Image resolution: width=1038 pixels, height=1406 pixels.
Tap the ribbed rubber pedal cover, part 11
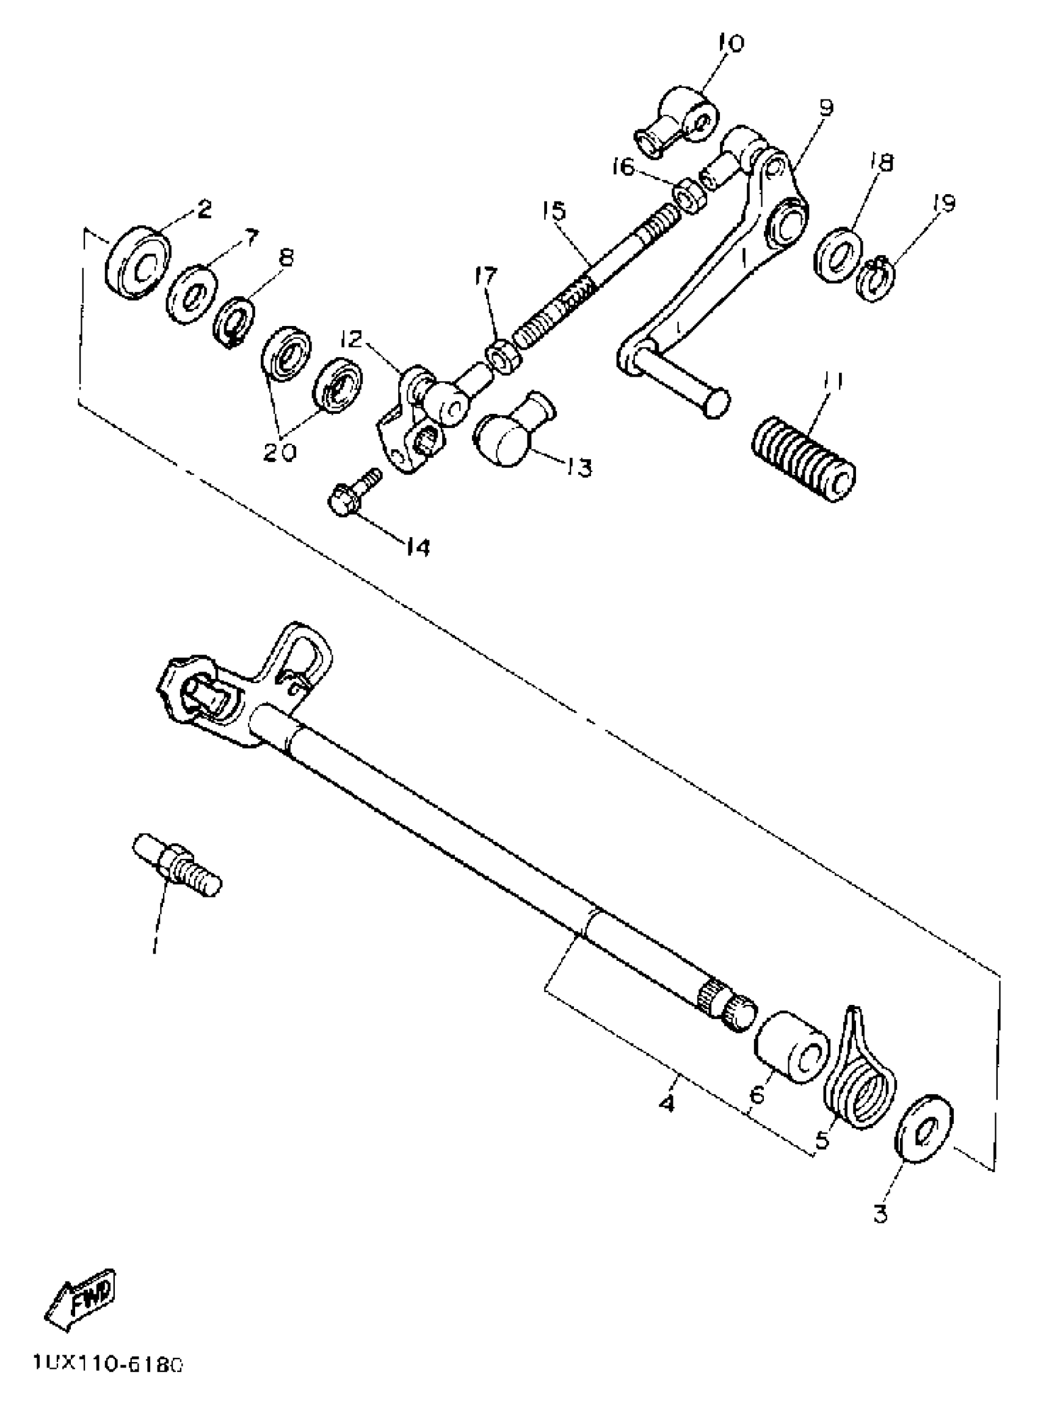point(804,461)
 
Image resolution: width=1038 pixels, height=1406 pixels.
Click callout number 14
point(417,547)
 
